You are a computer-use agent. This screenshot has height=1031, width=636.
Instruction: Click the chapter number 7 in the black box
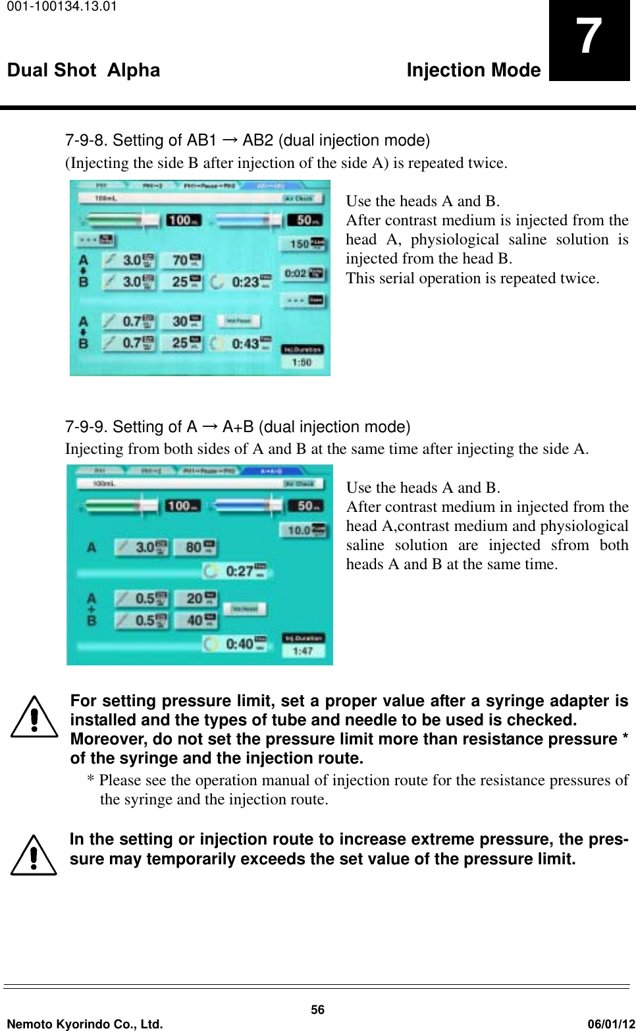(589, 37)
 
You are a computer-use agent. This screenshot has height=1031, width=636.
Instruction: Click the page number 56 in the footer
(317, 1009)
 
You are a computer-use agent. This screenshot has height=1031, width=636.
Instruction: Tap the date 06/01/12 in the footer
(610, 1024)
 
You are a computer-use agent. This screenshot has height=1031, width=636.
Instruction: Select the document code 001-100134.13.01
(59, 7)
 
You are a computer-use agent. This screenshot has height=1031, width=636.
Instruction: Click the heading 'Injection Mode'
(473, 70)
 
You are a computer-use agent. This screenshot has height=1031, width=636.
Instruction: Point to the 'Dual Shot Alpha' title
(84, 70)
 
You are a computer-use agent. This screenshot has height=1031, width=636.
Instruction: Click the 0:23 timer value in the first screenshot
(245, 282)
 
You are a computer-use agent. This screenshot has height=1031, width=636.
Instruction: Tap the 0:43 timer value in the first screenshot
(245, 343)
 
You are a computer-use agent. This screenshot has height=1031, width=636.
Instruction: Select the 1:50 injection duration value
(302, 362)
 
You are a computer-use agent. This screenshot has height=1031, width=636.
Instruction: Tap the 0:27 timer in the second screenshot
(240, 571)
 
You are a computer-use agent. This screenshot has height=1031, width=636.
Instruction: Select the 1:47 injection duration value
(302, 651)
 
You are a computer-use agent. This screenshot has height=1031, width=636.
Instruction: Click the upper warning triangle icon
(34, 719)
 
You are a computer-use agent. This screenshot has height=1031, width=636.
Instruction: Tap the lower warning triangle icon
(34, 856)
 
